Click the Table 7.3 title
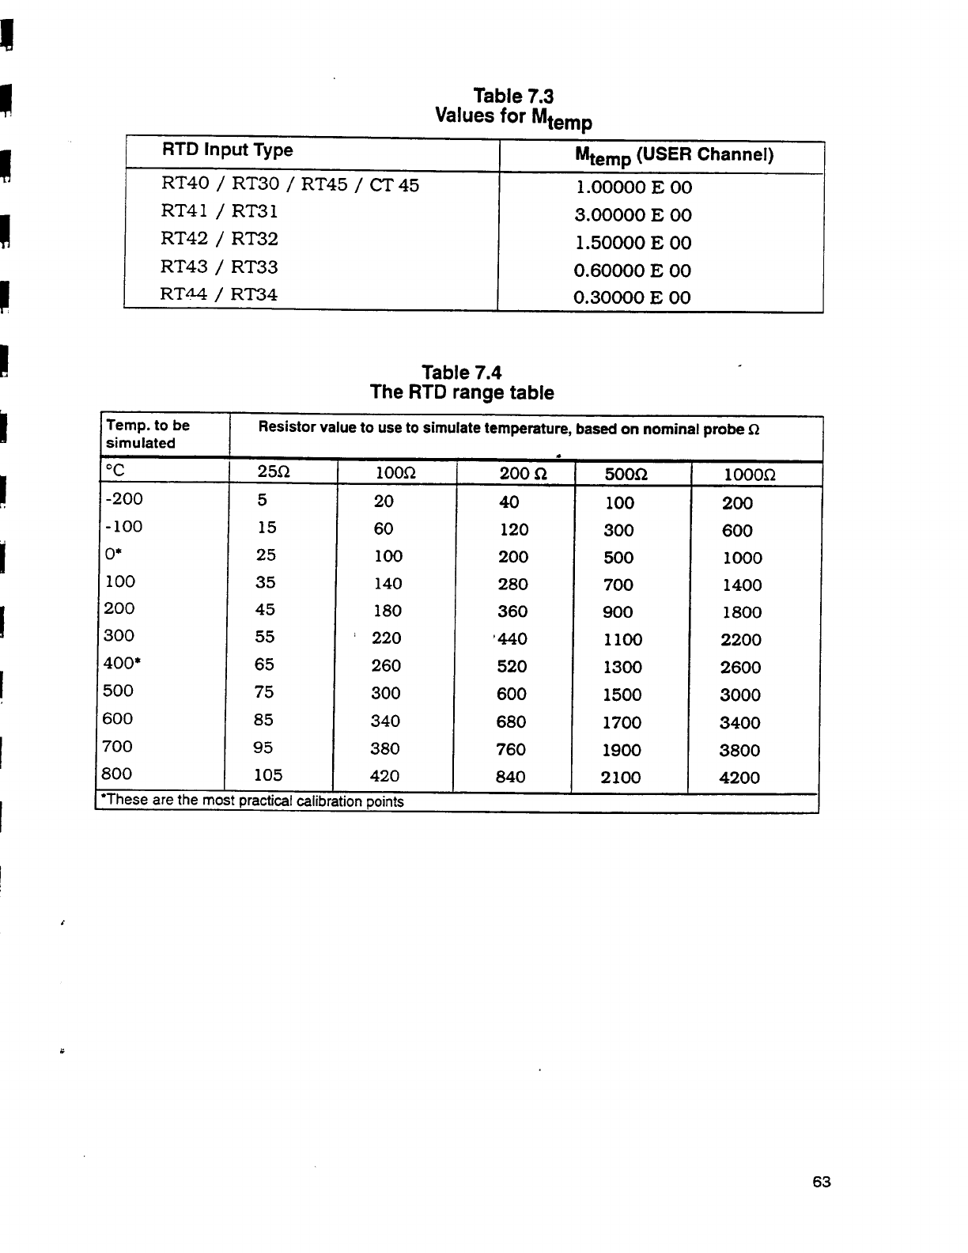click(513, 97)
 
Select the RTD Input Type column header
click(227, 150)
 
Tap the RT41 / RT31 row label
click(219, 211)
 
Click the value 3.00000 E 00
click(633, 215)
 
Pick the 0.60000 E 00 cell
click(632, 271)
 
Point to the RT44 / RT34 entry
click(219, 294)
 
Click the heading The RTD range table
click(462, 392)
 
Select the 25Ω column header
click(274, 473)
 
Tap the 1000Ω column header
click(750, 475)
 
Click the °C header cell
click(115, 471)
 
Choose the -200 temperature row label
click(123, 498)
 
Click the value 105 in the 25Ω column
click(268, 774)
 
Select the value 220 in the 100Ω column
click(386, 638)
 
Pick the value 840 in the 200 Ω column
click(510, 777)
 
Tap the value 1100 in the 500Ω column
click(622, 639)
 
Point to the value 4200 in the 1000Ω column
click(739, 778)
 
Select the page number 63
click(822, 1182)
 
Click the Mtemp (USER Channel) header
click(674, 155)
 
